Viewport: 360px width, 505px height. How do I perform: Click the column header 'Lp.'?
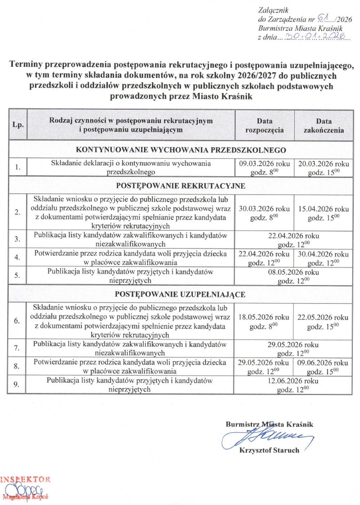18,125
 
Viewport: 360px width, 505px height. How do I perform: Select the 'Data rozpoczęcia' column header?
264,126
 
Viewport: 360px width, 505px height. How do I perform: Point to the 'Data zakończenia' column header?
324,126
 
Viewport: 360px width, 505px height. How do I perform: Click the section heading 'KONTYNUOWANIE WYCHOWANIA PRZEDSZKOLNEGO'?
181,150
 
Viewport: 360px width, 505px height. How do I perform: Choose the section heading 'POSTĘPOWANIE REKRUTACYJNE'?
181,186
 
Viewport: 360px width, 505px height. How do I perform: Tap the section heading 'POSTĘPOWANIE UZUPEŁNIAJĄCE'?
180,294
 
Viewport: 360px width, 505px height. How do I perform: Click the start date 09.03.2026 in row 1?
264,164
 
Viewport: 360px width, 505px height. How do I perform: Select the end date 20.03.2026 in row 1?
324,164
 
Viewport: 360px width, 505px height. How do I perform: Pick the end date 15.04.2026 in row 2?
323,209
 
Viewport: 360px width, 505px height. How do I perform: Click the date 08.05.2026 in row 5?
294,272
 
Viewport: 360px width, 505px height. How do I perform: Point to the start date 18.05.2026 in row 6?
264,317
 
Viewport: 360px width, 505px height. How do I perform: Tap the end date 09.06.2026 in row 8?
323,363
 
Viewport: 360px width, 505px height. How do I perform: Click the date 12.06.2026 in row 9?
293,381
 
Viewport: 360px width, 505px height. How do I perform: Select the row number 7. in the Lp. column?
17,348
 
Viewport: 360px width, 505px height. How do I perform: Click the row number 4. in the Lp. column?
17,257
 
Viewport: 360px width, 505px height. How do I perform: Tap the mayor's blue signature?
267,437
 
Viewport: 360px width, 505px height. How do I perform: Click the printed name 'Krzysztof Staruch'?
269,450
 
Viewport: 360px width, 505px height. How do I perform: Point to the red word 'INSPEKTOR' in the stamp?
25,479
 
